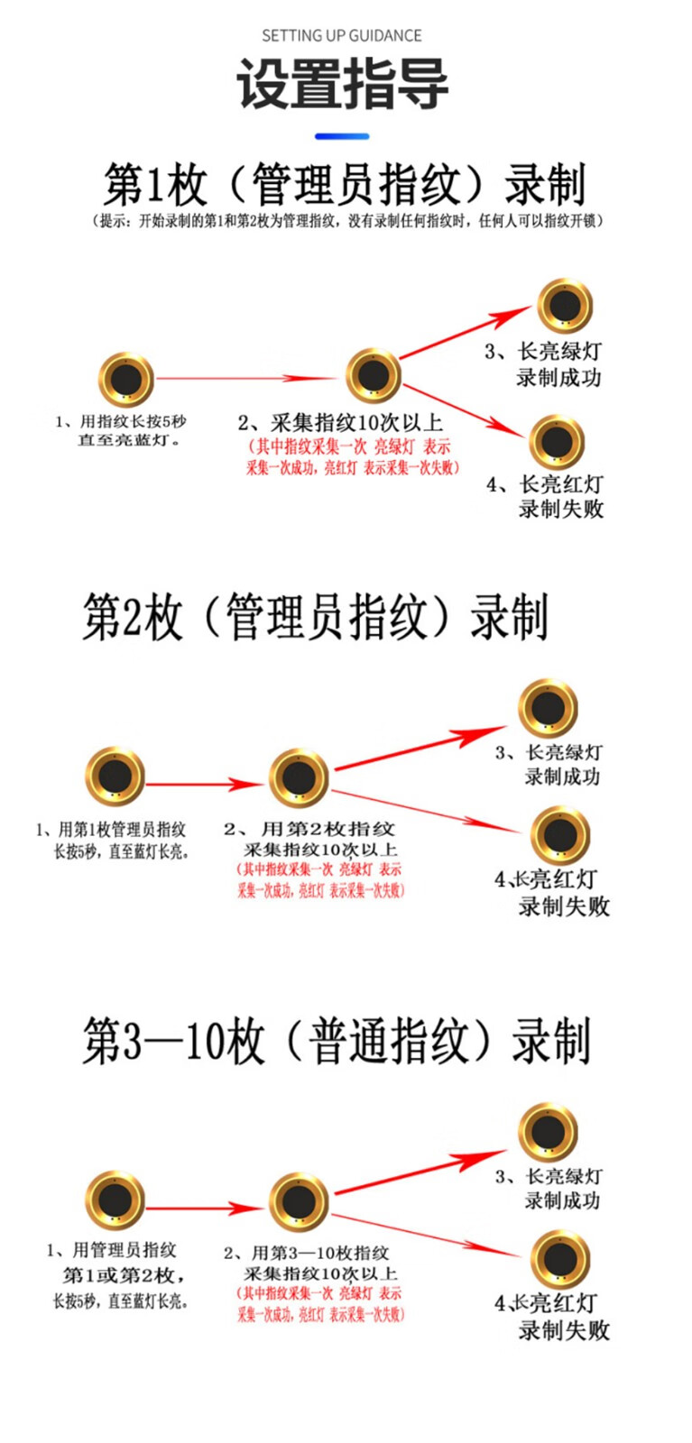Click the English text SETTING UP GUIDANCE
click(342, 36)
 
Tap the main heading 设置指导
click(342, 84)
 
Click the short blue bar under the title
click(342, 137)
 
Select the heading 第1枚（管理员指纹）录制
click(345, 185)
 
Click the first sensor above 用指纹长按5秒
click(125, 380)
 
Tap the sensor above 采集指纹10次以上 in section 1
click(374, 377)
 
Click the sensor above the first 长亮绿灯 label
click(565, 306)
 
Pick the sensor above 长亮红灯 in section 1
click(557, 441)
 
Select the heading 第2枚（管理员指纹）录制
click(315, 618)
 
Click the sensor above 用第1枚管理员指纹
click(115, 776)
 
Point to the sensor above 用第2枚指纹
click(299, 777)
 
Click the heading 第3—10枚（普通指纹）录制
click(337, 1041)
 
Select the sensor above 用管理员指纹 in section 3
click(115, 1200)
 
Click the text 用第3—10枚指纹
click(319, 1253)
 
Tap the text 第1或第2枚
click(123, 1275)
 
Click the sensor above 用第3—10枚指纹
click(299, 1201)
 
